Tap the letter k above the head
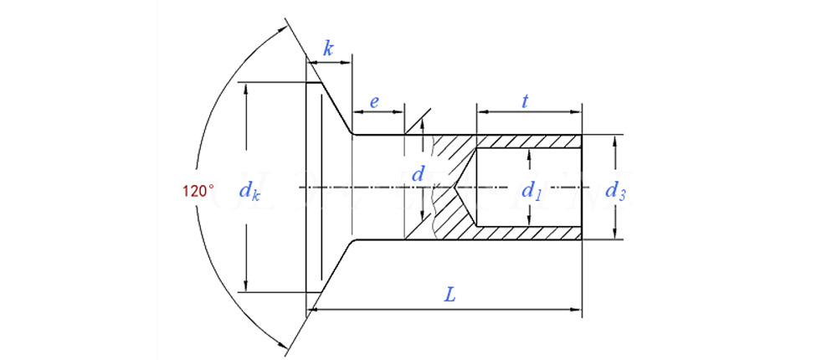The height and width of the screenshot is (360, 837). point(328,49)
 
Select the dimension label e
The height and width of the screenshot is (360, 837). point(374,102)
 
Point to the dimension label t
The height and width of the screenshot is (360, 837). point(525,101)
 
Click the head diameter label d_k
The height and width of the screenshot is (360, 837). point(249,192)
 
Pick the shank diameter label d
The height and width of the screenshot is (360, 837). point(420,176)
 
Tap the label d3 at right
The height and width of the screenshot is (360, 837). point(616,190)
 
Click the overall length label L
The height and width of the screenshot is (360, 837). point(450,294)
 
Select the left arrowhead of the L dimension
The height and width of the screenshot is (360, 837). point(313,310)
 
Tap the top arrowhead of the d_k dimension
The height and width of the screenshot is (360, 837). point(247,87)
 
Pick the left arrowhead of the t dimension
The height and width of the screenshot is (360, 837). point(481,111)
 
